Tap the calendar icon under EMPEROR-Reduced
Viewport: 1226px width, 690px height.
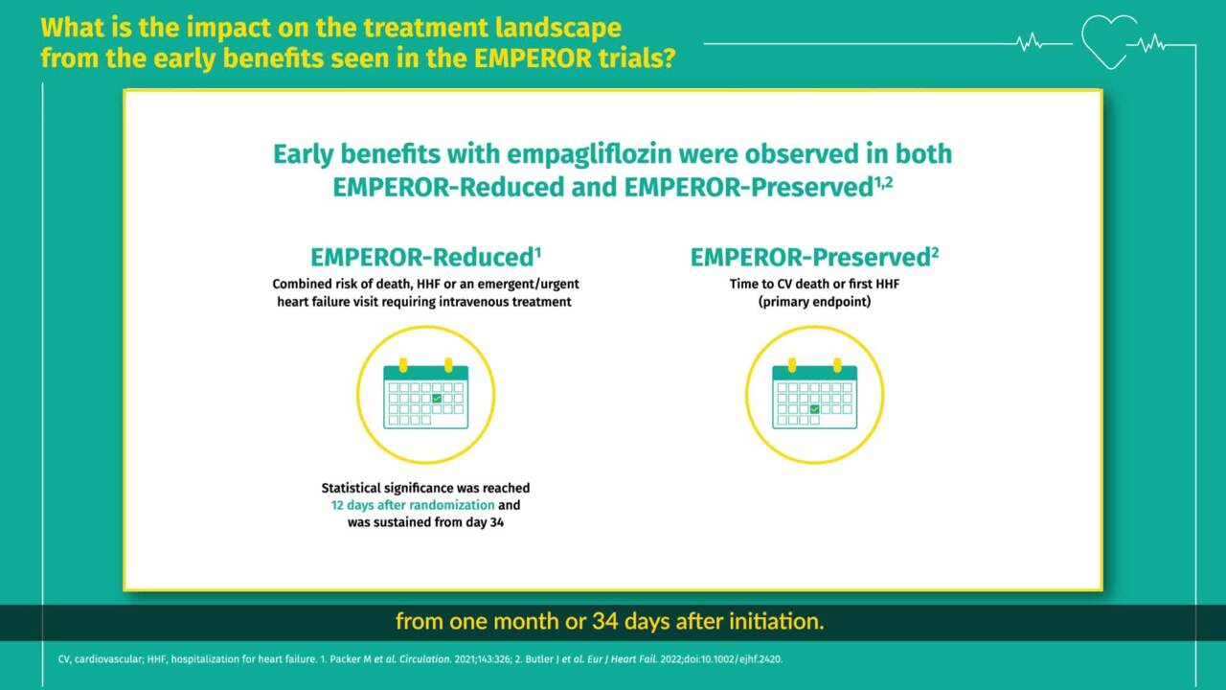(x=426, y=394)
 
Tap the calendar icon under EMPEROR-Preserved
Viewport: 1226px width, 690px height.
(x=815, y=394)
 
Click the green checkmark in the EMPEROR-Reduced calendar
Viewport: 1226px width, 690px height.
(x=437, y=398)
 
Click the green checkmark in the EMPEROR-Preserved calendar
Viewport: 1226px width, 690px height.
(x=815, y=409)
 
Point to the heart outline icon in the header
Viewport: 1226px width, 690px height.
(x=1109, y=41)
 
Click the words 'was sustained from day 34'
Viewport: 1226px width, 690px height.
(x=425, y=522)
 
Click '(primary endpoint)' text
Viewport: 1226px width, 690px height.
(x=814, y=302)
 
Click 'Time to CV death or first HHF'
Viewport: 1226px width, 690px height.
(x=814, y=285)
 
